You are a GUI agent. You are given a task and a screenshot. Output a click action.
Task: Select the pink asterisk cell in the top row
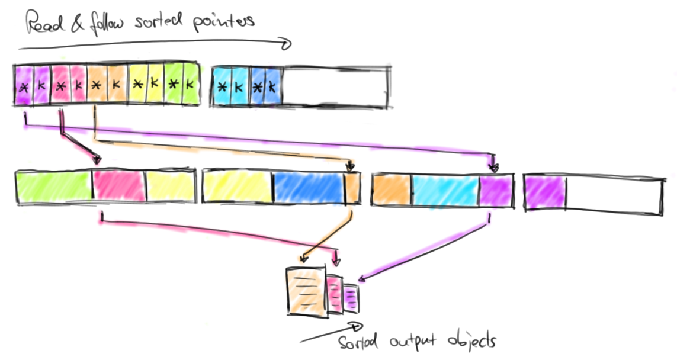pos(60,86)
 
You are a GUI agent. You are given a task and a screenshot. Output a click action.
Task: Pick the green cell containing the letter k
pos(190,86)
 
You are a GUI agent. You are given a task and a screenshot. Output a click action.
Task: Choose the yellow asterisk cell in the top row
pos(137,86)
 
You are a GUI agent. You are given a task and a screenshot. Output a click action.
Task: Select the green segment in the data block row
pos(53,187)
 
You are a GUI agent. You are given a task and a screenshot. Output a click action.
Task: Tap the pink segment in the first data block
pos(118,187)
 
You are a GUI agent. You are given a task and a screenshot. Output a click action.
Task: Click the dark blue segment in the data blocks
pos(308,187)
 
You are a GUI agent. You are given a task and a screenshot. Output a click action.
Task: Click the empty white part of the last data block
pos(613,193)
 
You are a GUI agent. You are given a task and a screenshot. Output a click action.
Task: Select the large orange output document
pos(305,291)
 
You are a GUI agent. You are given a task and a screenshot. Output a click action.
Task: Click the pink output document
pos(335,294)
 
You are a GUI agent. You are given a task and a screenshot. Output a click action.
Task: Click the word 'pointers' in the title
pos(225,21)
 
